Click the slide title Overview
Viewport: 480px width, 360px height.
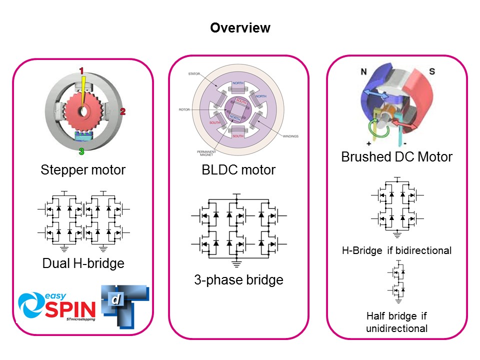point(240,28)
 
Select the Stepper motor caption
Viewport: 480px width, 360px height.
point(83,170)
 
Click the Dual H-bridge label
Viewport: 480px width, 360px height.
point(83,262)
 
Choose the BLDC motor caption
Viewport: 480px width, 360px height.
point(238,170)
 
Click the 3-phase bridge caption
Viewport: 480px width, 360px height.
point(238,279)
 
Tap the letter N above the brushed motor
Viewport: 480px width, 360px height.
point(365,72)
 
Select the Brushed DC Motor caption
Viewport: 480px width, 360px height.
point(396,157)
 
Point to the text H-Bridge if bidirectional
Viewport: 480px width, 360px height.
point(397,250)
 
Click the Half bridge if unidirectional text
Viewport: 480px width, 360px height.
point(397,322)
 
